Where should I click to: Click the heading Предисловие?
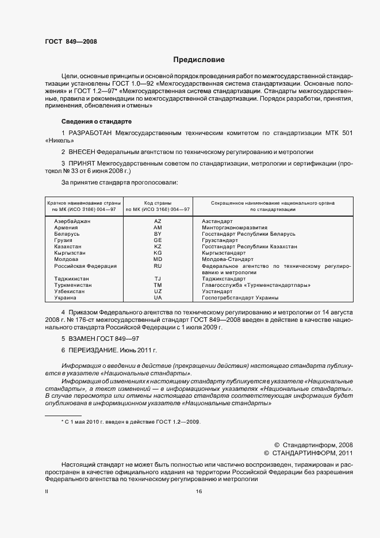coord(199,60)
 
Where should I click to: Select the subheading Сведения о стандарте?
coord(97,122)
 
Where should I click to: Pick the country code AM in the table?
coord(158,228)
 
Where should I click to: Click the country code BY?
coord(158,234)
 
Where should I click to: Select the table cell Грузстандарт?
coord(220,240)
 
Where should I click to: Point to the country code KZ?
coord(158,247)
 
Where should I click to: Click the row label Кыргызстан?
coord(70,253)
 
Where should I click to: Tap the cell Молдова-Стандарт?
coord(227,259)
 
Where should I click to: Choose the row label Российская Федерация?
coord(85,266)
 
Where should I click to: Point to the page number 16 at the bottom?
coord(199,491)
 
